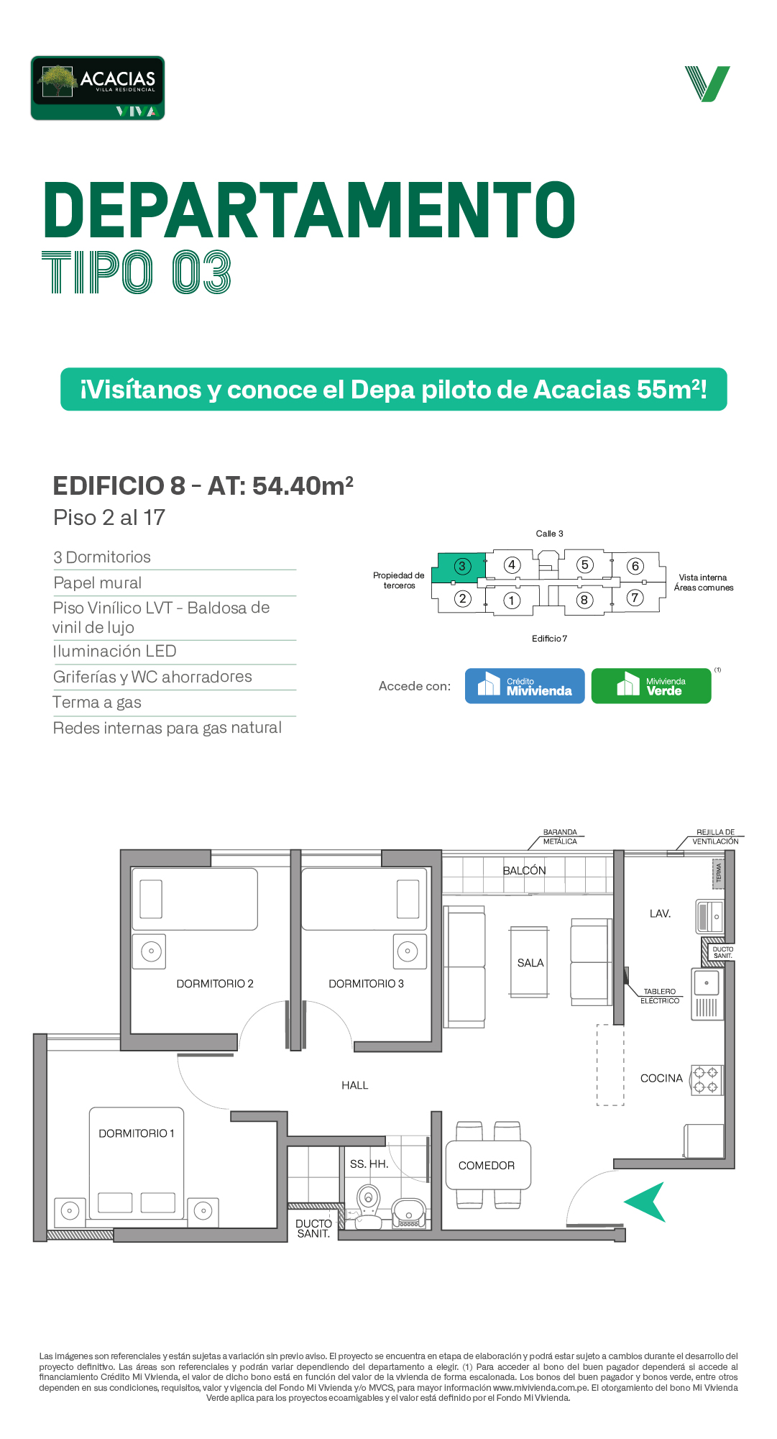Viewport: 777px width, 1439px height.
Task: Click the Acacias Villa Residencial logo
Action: click(98, 88)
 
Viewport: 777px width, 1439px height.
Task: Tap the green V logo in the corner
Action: click(707, 83)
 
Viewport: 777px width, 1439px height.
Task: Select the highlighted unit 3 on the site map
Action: click(459, 567)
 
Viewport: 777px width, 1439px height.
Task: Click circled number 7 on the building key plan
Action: click(635, 598)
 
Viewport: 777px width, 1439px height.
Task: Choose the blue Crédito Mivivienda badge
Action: click(525, 686)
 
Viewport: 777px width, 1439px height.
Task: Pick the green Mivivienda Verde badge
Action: click(651, 686)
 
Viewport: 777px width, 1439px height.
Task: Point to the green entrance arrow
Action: click(645, 1202)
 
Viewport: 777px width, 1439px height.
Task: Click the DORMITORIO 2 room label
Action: click(215, 984)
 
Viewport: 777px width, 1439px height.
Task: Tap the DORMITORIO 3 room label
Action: click(367, 984)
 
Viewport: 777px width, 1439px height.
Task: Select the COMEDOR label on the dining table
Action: click(487, 1165)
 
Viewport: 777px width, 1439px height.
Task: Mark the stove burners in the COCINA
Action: click(706, 1080)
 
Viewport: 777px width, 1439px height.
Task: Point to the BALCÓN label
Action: click(525, 870)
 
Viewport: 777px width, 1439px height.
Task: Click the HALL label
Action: click(355, 1085)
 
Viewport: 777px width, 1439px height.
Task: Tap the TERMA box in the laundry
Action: click(718, 873)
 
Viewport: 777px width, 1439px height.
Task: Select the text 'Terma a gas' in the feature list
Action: click(97, 703)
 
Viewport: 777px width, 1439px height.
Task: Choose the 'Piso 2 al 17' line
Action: click(109, 518)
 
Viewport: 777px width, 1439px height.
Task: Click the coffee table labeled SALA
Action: click(529, 962)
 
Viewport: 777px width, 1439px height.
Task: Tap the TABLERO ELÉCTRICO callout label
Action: click(660, 996)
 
